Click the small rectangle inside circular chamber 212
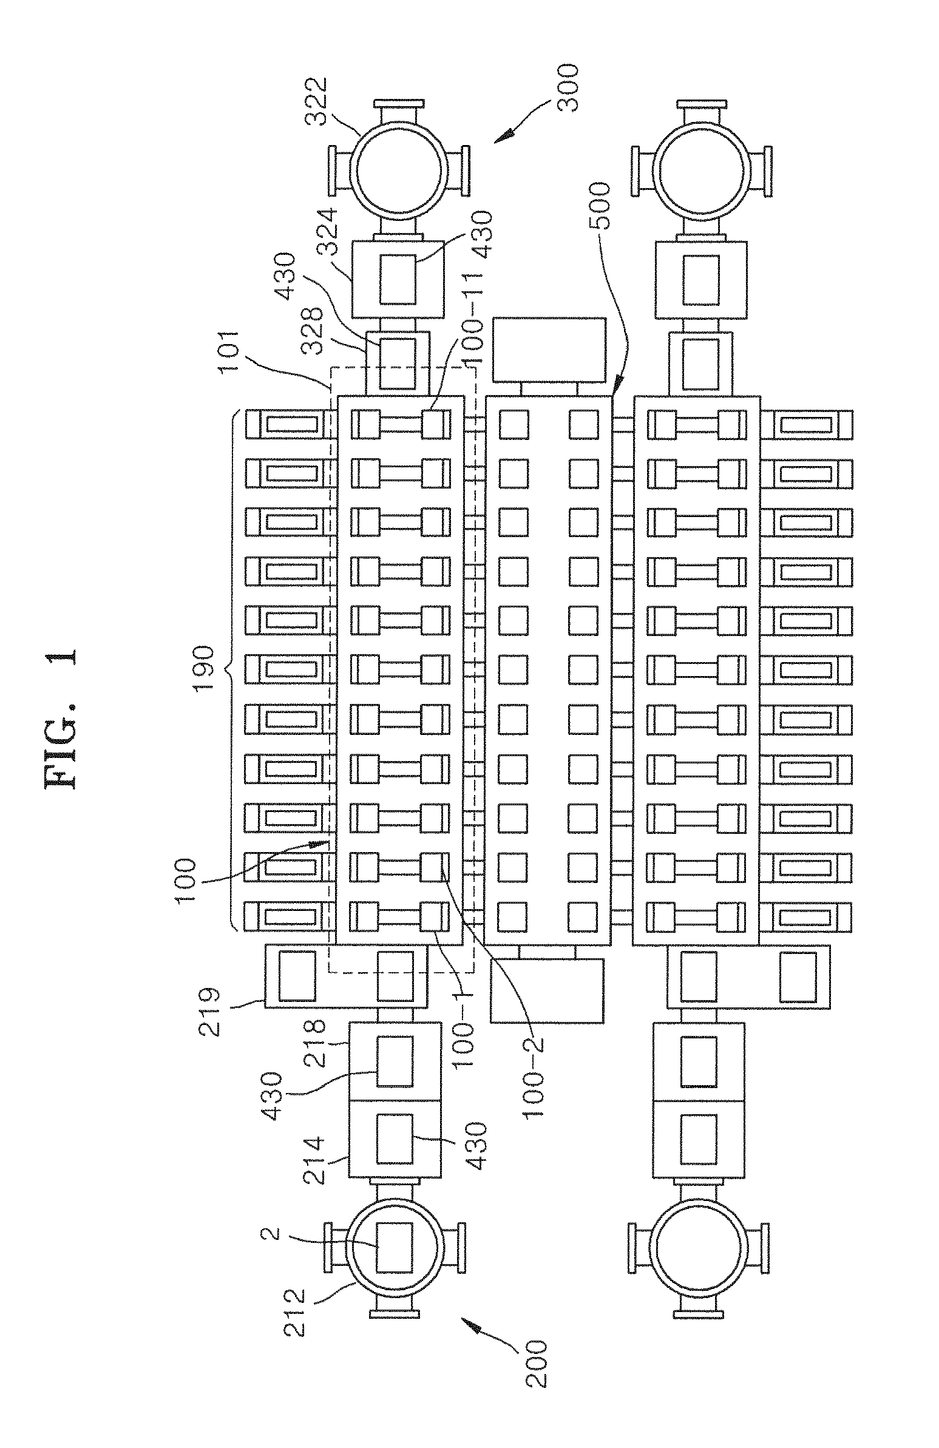click(395, 1247)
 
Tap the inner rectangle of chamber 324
click(398, 279)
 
